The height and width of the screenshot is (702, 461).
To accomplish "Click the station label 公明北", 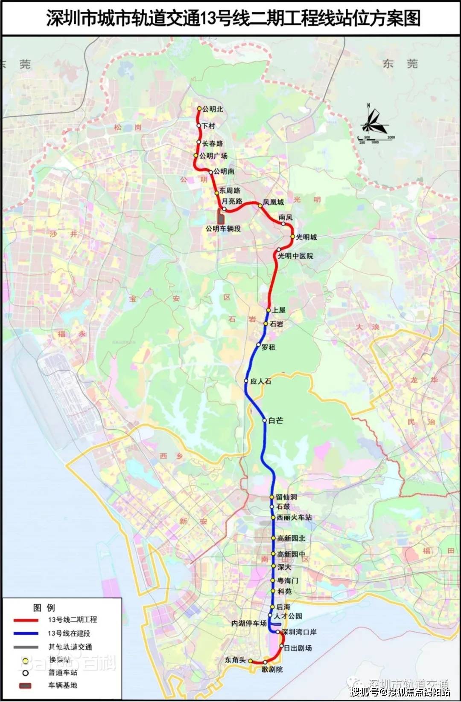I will (x=213, y=109).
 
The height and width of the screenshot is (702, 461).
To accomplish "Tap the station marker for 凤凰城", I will (x=260, y=206).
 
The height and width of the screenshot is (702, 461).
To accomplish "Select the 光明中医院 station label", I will (x=296, y=256).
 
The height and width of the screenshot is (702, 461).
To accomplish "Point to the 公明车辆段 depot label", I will (x=223, y=229).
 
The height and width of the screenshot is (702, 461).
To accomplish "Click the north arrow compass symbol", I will (x=373, y=121).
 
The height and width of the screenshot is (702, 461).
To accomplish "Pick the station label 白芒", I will (x=276, y=421).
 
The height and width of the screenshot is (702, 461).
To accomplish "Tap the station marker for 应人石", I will (x=246, y=381).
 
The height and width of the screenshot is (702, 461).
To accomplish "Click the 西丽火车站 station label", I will (x=295, y=517).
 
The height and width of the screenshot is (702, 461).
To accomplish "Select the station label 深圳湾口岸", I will (x=299, y=632).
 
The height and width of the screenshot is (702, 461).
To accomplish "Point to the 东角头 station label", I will (x=236, y=660).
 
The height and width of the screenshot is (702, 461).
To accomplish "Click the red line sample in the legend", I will (x=26, y=620).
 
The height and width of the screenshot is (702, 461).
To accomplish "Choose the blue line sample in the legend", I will (x=26, y=633).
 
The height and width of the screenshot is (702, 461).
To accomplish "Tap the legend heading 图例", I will (x=44, y=607).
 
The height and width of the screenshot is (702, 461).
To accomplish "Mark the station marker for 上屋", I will (x=268, y=310).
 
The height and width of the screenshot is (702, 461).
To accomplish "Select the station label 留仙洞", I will (x=286, y=497).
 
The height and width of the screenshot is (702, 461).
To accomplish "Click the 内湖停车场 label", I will (x=249, y=624).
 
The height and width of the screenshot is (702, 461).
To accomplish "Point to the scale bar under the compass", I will (x=376, y=138).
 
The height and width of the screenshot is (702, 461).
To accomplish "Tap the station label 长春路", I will (x=213, y=144).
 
